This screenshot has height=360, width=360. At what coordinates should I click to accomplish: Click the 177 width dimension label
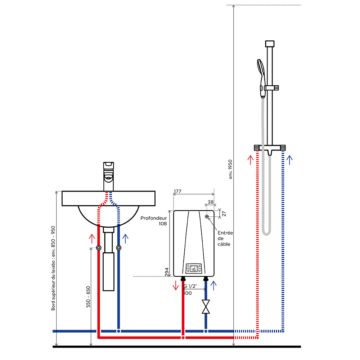pyautogui.click(x=178, y=191)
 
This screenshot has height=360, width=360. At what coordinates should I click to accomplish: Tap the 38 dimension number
pyautogui.click(x=211, y=202)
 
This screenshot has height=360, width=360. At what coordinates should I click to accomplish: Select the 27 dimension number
pyautogui.click(x=224, y=214)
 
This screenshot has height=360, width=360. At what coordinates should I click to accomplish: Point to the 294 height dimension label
pyautogui.click(x=167, y=272)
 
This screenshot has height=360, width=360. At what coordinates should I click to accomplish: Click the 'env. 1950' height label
pyautogui.click(x=230, y=169)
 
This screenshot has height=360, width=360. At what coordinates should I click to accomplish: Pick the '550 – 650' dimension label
pyautogui.click(x=88, y=297)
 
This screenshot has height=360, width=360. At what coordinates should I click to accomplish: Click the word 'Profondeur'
pyautogui.click(x=154, y=218)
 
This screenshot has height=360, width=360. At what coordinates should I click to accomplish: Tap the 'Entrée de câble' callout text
pyautogui.click(x=225, y=238)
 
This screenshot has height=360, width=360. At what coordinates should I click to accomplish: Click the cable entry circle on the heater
pyautogui.click(x=207, y=216)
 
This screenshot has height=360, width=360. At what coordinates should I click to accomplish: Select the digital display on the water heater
pyautogui.click(x=194, y=269)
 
